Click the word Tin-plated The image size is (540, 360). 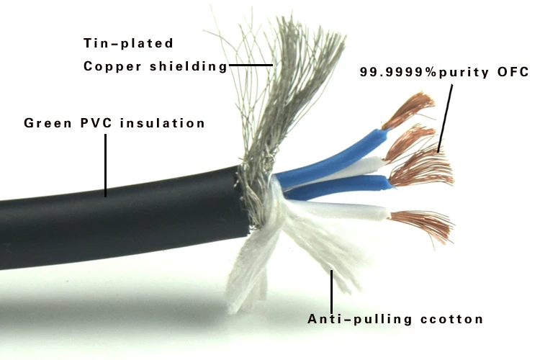(128, 43)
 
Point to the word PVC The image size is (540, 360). (96, 123)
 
